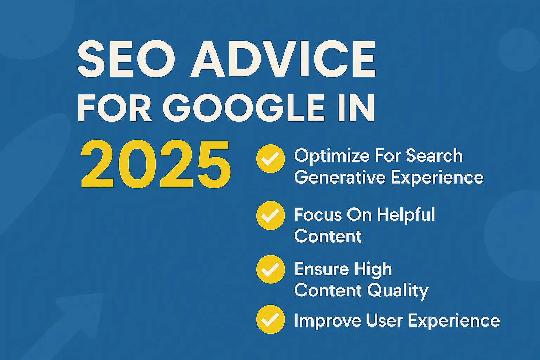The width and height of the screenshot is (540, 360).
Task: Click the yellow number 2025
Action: [x=155, y=165]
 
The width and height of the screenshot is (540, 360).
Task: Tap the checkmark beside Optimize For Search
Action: [x=270, y=159]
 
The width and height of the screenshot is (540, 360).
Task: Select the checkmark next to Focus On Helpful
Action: [x=270, y=216]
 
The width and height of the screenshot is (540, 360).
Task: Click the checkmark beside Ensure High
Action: [x=270, y=269]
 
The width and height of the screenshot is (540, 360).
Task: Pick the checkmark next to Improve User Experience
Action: [x=270, y=319]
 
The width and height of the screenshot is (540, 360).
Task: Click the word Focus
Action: [x=318, y=215]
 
